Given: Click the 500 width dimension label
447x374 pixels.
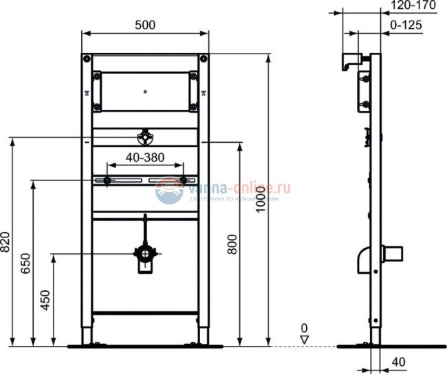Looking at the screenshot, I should click(x=144, y=24).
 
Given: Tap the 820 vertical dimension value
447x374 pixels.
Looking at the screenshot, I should click(x=6, y=241).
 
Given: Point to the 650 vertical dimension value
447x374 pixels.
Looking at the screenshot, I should click(x=26, y=261).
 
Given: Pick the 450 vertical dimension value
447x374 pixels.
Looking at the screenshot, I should click(x=46, y=300).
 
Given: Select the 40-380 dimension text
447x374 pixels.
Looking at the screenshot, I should click(x=144, y=157).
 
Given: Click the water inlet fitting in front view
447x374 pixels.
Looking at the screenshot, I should click(x=144, y=137).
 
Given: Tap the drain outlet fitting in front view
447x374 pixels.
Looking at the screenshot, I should click(x=145, y=255).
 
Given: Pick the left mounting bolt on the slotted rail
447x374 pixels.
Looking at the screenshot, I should click(x=108, y=181).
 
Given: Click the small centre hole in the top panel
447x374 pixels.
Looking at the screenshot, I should click(x=145, y=89).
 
